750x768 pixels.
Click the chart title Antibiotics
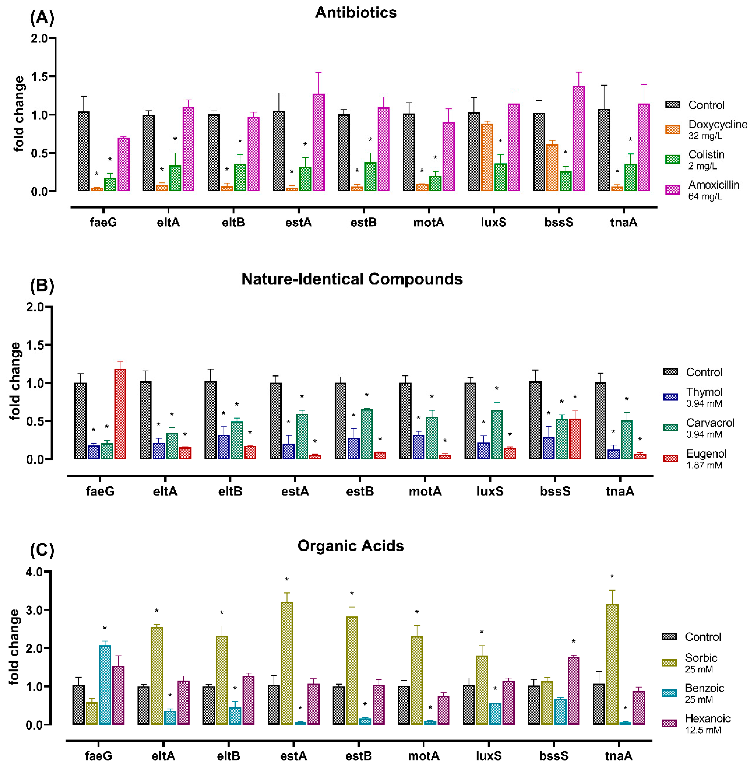(356, 13)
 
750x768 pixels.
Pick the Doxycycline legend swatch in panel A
(672, 129)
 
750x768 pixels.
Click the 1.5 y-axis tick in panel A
(39, 77)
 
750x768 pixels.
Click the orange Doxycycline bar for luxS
(487, 158)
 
